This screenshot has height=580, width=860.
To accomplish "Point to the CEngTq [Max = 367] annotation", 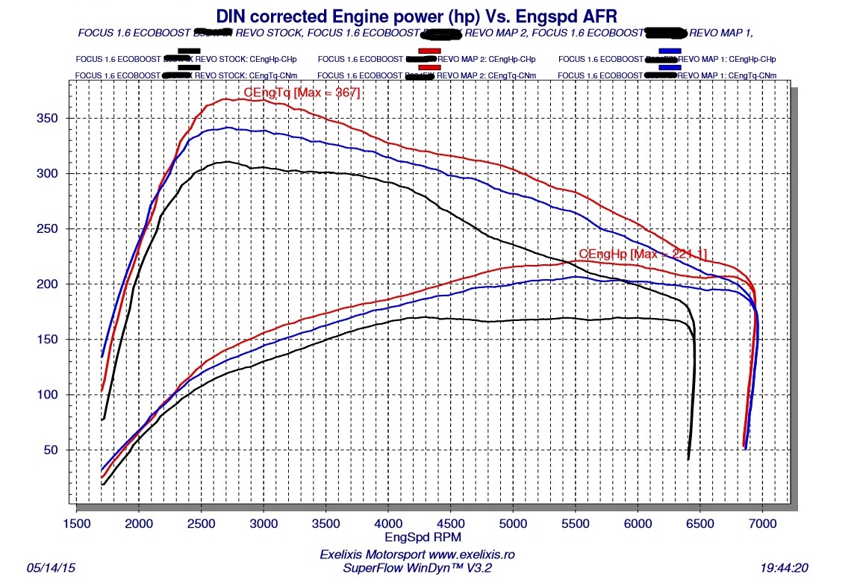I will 302,93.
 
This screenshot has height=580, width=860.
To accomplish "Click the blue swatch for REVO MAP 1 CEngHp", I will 670,50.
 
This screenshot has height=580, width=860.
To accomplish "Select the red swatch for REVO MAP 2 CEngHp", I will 429,50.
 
